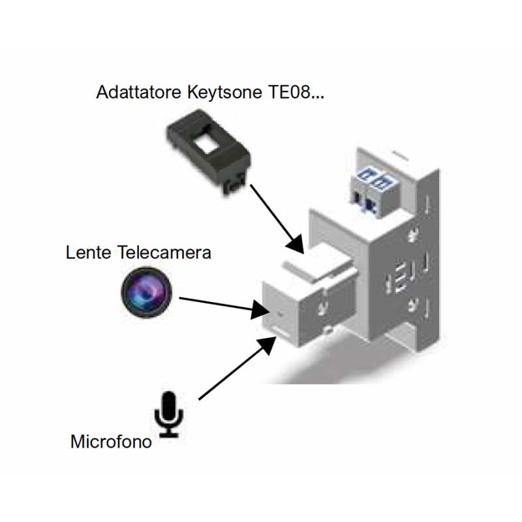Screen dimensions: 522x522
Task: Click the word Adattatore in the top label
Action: point(135,92)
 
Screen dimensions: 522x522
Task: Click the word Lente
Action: point(88,253)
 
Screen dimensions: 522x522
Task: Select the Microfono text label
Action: point(111,442)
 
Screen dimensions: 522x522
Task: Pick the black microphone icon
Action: point(169,414)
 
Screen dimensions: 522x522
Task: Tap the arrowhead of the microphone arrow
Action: point(269,344)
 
